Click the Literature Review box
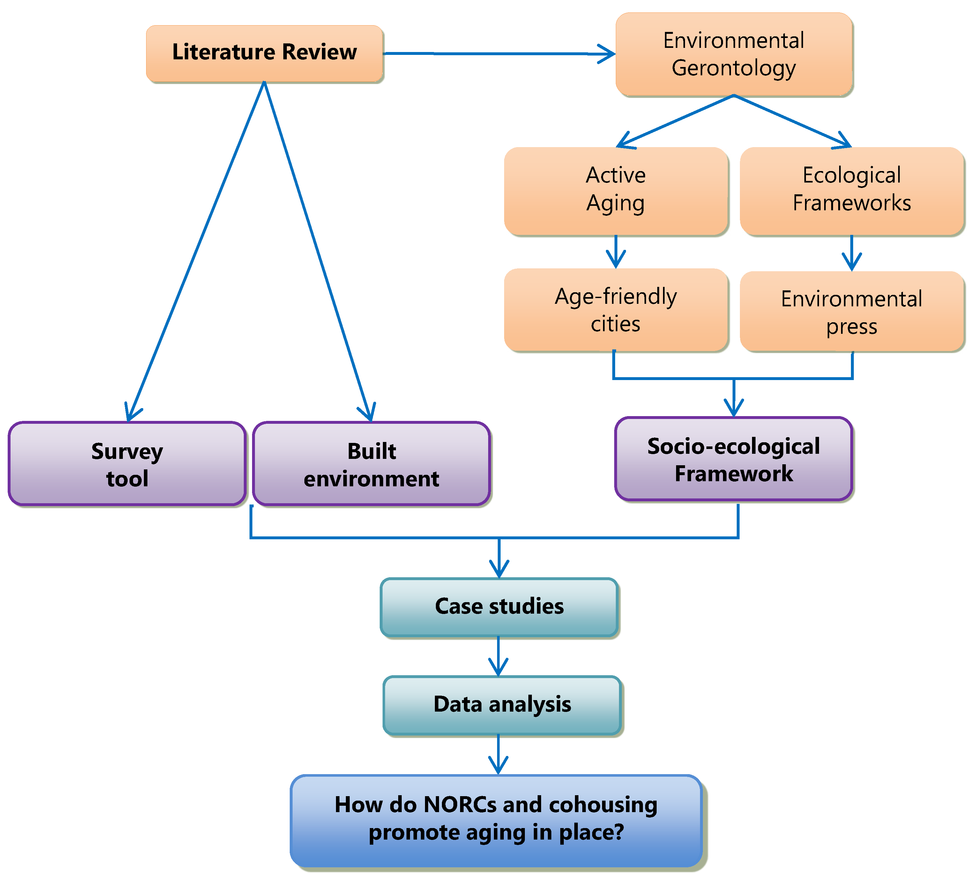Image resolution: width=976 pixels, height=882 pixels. coord(264,52)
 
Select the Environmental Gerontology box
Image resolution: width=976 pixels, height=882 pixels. coord(734,54)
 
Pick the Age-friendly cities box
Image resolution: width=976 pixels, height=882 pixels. coord(615,310)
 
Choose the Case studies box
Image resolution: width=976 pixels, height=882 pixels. coord(499,607)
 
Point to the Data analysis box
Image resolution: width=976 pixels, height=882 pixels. coord(502,704)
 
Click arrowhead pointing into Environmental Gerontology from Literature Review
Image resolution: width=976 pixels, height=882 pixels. coord(607,54)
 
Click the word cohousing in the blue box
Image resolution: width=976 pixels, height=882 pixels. coord(603,804)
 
